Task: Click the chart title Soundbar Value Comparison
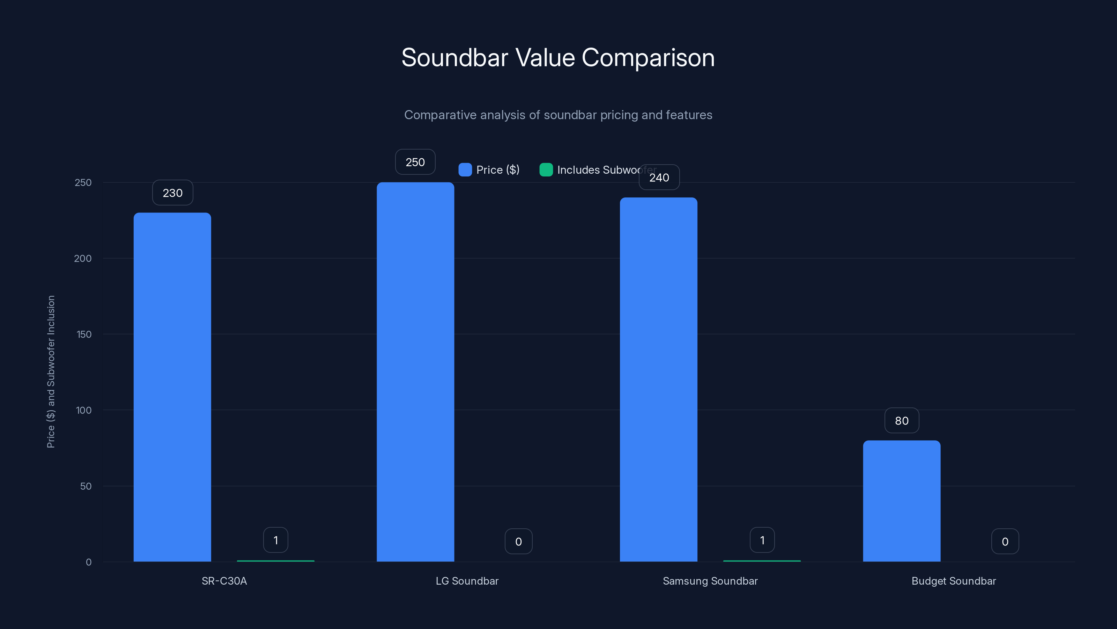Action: coord(558,58)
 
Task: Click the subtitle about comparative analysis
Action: coord(558,115)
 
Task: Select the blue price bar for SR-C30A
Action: coord(172,386)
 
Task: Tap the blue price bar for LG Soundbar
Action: coord(415,371)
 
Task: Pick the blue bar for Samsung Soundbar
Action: coord(658,379)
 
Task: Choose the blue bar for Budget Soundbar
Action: coord(902,501)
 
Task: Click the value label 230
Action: coord(172,193)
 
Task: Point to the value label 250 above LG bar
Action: coord(415,162)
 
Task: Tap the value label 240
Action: coord(659,178)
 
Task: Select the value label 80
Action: coord(902,421)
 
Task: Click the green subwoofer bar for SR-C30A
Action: coord(275,561)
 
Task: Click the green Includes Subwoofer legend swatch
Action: coord(546,170)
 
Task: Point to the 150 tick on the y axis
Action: coord(84,334)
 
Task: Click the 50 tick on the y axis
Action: coord(86,486)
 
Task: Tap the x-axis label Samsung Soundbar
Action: coord(710,581)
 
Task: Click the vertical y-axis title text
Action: coord(51,371)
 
